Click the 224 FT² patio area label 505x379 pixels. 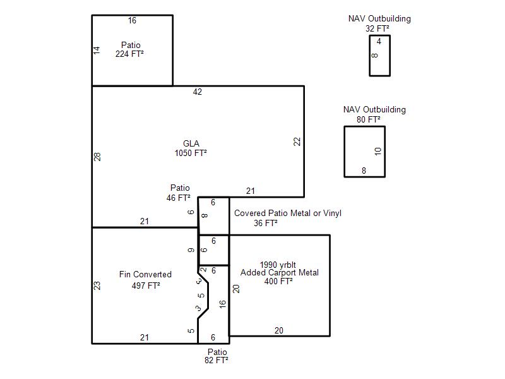(x=129, y=54)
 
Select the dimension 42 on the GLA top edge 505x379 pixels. (x=198, y=92)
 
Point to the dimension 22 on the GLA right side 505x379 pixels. (x=297, y=141)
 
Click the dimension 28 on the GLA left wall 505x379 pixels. (x=97, y=157)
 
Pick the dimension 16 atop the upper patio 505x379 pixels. (x=132, y=21)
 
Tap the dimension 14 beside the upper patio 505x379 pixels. (x=97, y=51)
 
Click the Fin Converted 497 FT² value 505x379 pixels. (x=146, y=286)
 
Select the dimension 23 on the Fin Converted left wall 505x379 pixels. (x=97, y=286)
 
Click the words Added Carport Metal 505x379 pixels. (x=280, y=273)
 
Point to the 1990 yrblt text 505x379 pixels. (x=278, y=265)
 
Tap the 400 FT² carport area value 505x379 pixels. (x=278, y=281)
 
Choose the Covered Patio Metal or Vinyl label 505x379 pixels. (x=288, y=213)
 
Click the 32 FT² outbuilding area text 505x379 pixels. (x=377, y=28)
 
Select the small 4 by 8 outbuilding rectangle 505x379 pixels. (x=380, y=56)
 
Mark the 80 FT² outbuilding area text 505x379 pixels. (x=369, y=119)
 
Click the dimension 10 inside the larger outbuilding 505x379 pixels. (x=378, y=151)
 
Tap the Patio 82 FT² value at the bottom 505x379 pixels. (x=217, y=360)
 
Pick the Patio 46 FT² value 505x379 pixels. (x=179, y=198)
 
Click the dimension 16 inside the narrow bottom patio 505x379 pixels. (x=223, y=304)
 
